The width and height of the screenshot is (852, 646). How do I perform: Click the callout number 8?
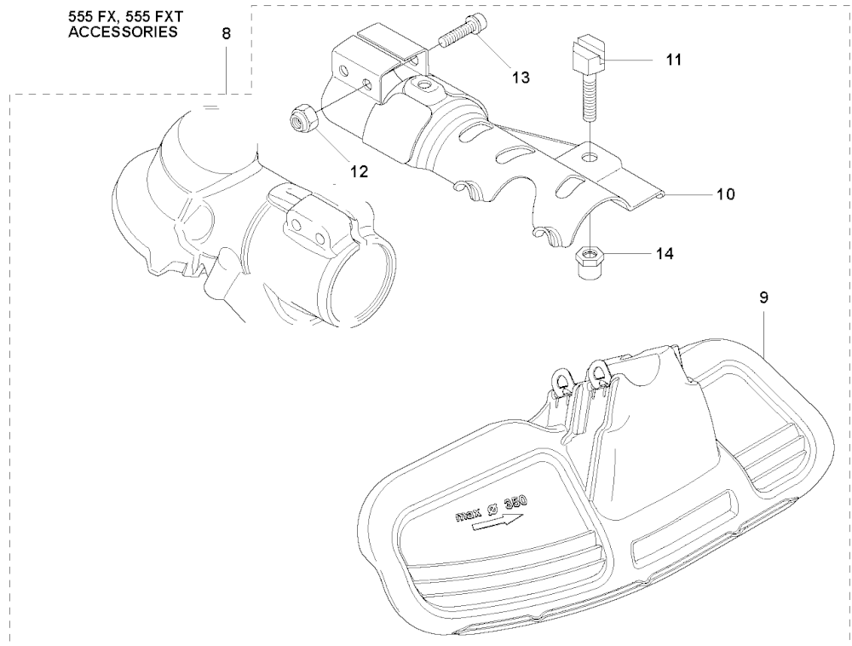click(225, 35)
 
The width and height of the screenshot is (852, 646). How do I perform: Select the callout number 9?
click(763, 298)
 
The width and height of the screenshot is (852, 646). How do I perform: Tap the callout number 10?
click(725, 194)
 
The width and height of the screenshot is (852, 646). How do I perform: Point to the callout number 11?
click(674, 61)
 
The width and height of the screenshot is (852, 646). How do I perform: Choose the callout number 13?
click(521, 78)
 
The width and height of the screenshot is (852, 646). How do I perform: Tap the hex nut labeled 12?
click(300, 119)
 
